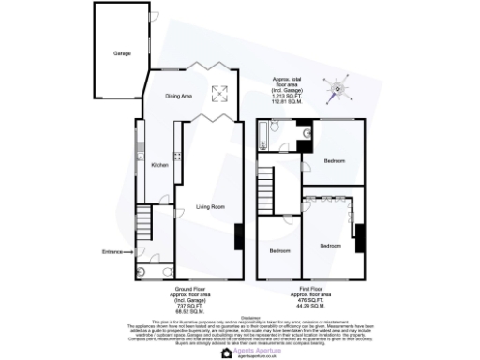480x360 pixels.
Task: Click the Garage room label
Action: [122, 53]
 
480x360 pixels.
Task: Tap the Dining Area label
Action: [179, 97]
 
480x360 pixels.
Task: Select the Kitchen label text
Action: [159, 165]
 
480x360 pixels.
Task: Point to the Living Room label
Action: [210, 206]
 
